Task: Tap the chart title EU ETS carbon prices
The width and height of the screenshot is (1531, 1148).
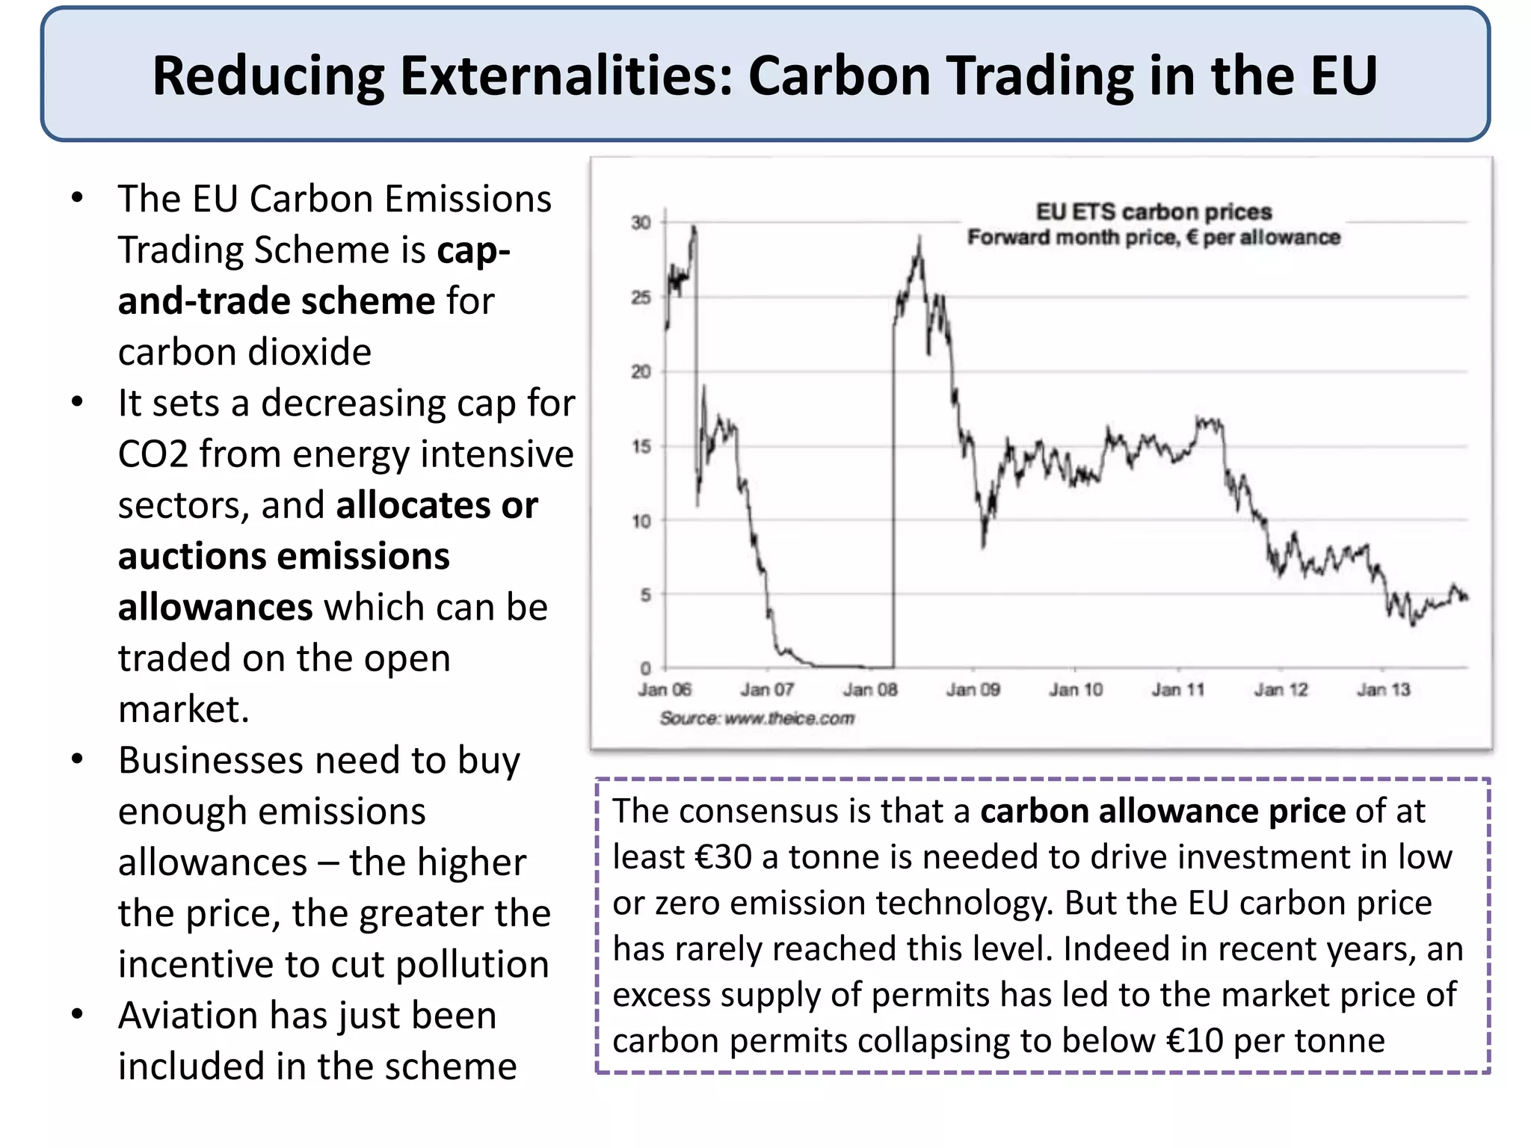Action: pos(1153,212)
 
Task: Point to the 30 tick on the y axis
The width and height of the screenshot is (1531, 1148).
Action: pos(641,223)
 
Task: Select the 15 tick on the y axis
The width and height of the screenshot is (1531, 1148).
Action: pos(641,447)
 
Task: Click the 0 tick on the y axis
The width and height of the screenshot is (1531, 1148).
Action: pos(645,667)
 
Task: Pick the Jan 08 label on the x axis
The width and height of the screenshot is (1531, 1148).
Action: pos(870,690)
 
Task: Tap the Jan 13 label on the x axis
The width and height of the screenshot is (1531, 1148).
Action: pos(1384,690)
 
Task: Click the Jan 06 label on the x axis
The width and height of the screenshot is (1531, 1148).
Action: pos(665,690)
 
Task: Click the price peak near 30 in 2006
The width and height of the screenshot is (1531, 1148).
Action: pos(694,227)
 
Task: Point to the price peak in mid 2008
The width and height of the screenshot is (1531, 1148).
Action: pos(919,239)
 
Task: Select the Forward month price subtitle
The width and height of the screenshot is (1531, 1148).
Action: pos(1153,238)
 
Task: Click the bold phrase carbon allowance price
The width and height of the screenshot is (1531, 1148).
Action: pos(1162,812)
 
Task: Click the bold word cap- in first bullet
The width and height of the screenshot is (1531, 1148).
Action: pos(473,250)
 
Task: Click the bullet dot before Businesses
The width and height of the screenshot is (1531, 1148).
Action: pos(77,760)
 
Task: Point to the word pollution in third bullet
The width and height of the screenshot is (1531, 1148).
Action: pos(472,965)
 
